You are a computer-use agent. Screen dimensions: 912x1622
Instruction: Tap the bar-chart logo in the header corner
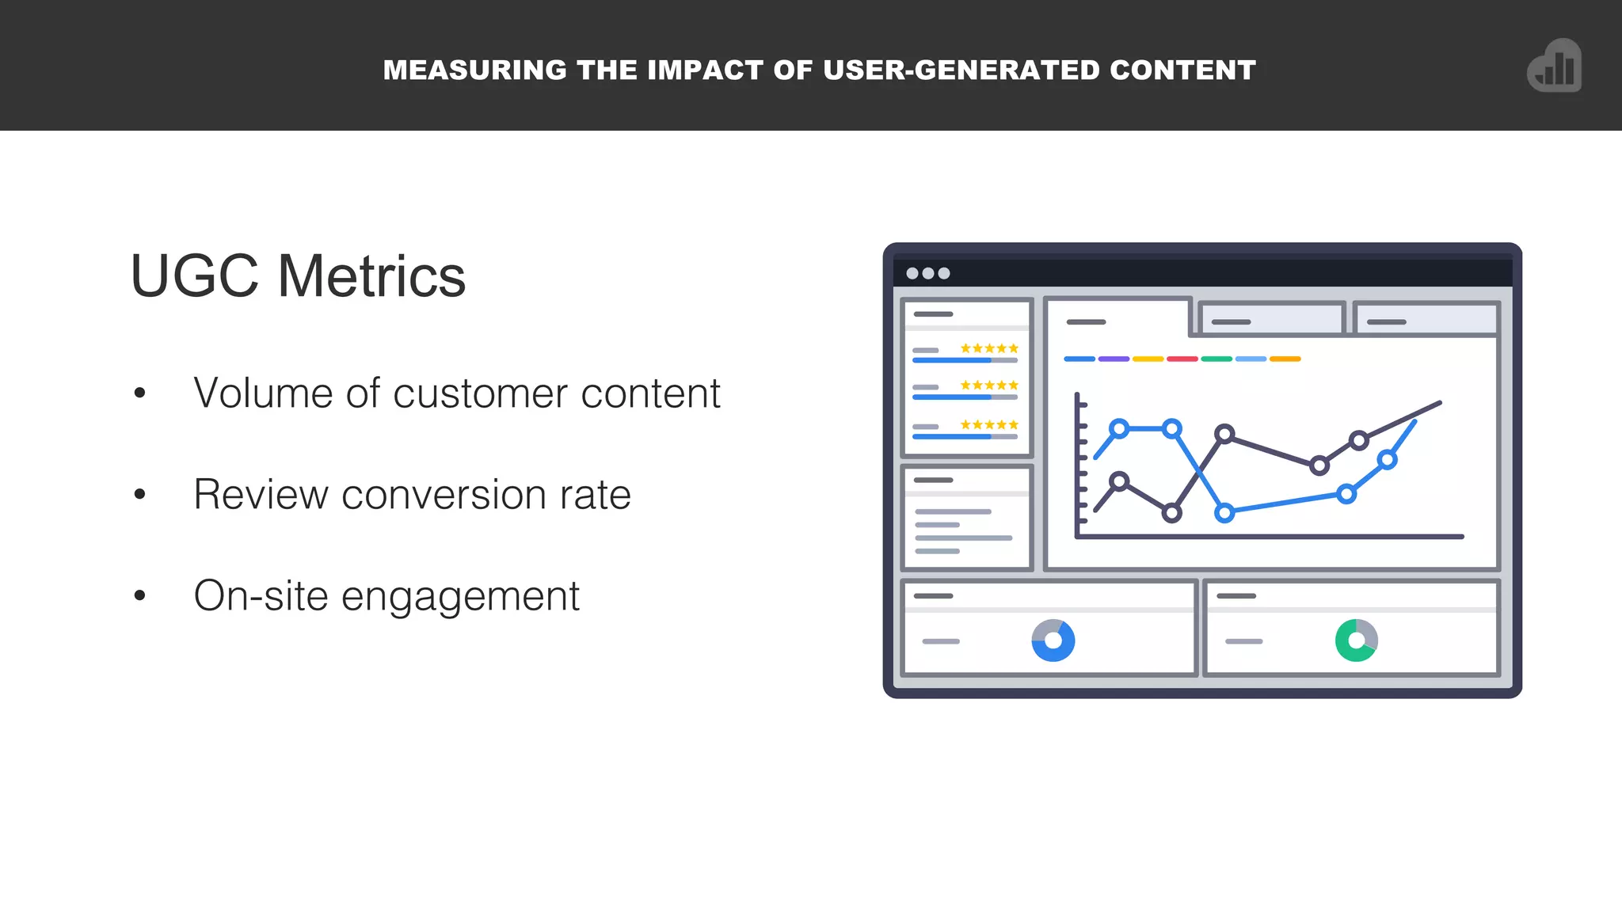click(1555, 66)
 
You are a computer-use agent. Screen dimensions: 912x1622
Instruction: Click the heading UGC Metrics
click(298, 276)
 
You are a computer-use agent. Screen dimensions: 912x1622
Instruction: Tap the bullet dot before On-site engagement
click(140, 595)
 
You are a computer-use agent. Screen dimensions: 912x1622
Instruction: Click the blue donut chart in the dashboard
click(1053, 640)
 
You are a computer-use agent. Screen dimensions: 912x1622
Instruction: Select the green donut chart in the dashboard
click(1356, 640)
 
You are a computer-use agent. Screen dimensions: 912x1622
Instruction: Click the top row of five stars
click(989, 348)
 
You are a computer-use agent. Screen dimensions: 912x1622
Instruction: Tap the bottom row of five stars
click(989, 425)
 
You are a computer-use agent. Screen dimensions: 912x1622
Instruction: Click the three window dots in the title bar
click(927, 273)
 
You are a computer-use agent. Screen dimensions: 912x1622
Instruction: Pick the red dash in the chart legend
click(1182, 359)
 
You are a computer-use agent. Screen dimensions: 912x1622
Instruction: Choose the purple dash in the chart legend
click(1114, 359)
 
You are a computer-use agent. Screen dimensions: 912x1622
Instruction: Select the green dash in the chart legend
click(1216, 359)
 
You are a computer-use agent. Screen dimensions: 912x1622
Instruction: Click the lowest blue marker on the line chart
click(1224, 513)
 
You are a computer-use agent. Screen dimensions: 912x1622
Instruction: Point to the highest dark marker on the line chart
click(1224, 434)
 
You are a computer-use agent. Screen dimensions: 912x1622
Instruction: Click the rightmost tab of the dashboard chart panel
click(1426, 320)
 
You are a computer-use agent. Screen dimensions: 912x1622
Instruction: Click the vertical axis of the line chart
click(1077, 467)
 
